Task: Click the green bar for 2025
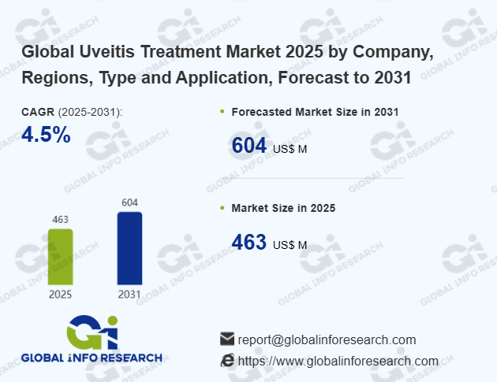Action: [x=61, y=257]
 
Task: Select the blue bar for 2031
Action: [x=129, y=248]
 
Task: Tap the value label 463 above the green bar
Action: [x=61, y=220]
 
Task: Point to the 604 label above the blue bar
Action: [x=129, y=202]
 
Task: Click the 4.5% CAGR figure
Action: [x=46, y=135]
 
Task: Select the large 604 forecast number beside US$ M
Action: [x=248, y=146]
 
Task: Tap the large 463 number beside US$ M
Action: [x=248, y=243]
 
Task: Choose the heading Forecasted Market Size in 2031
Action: [x=315, y=112]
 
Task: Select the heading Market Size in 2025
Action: [x=283, y=208]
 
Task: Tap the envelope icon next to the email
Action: [x=227, y=339]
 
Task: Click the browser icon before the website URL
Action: [x=227, y=361]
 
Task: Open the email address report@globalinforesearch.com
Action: [x=327, y=339]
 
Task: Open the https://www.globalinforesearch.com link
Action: [x=338, y=361]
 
